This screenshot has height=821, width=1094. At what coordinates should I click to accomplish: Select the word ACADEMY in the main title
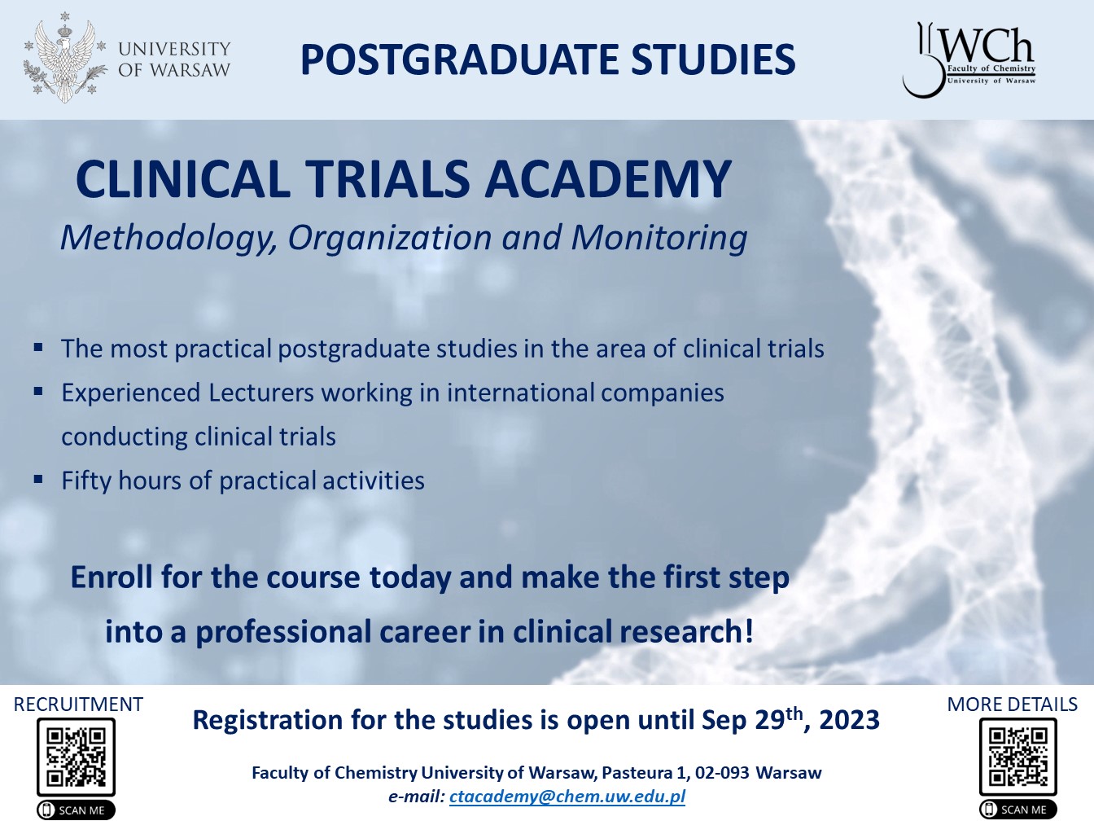tap(609, 179)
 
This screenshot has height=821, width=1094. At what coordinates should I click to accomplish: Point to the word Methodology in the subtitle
tap(168, 238)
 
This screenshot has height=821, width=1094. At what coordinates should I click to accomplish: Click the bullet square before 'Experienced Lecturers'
tap(38, 392)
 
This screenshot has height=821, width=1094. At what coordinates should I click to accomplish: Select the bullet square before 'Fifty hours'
tap(38, 480)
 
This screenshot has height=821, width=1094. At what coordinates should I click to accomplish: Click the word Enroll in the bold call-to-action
tap(112, 577)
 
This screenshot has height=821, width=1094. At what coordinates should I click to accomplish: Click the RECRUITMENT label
tap(78, 705)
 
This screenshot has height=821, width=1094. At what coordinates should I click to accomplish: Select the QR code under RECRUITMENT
tap(76, 757)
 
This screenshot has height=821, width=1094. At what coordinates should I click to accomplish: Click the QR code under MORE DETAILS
tap(1017, 757)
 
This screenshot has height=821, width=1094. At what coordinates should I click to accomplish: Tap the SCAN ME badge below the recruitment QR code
tap(76, 810)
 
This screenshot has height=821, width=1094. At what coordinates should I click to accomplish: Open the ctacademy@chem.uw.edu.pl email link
tap(567, 797)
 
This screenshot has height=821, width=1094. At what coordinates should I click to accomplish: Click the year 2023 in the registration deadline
tap(849, 721)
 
